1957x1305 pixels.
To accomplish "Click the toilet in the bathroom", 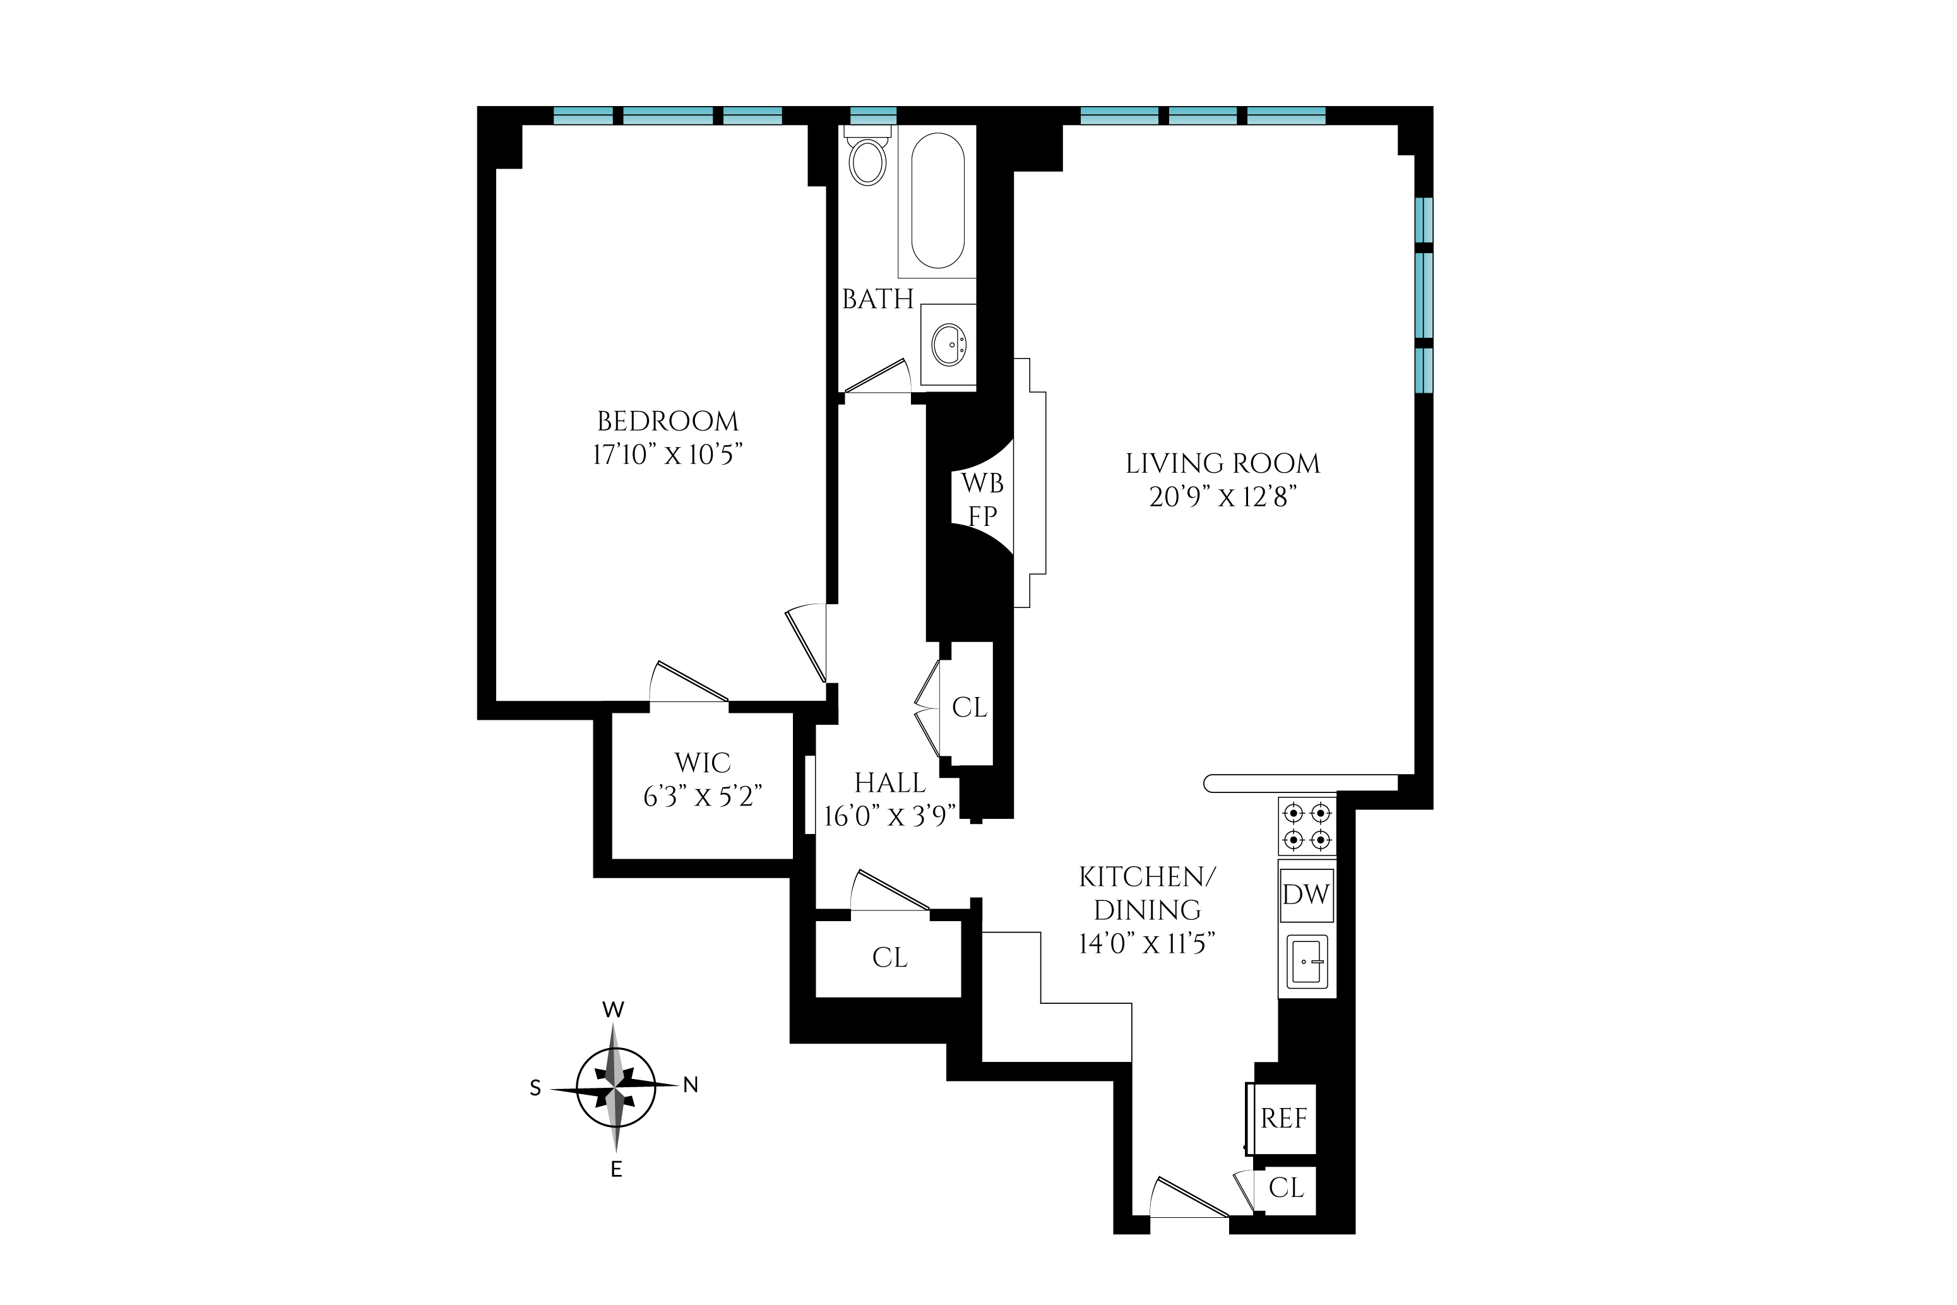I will [868, 160].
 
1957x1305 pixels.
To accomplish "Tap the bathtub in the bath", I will [937, 201].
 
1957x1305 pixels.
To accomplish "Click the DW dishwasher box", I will [1306, 895].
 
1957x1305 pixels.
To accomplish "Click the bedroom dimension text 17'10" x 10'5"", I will [667, 455].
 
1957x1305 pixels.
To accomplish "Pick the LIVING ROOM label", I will [1222, 463].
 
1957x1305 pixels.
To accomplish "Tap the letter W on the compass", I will [613, 1010].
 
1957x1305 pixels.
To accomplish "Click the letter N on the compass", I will [690, 1085].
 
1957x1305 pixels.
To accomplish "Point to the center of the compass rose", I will [616, 1087].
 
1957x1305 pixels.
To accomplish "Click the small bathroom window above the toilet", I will [873, 116].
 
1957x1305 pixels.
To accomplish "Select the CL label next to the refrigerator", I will [1285, 1188].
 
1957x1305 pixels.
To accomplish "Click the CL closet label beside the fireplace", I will [970, 708].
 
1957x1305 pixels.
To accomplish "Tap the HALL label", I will [889, 783].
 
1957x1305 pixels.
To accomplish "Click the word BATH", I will [878, 299].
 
